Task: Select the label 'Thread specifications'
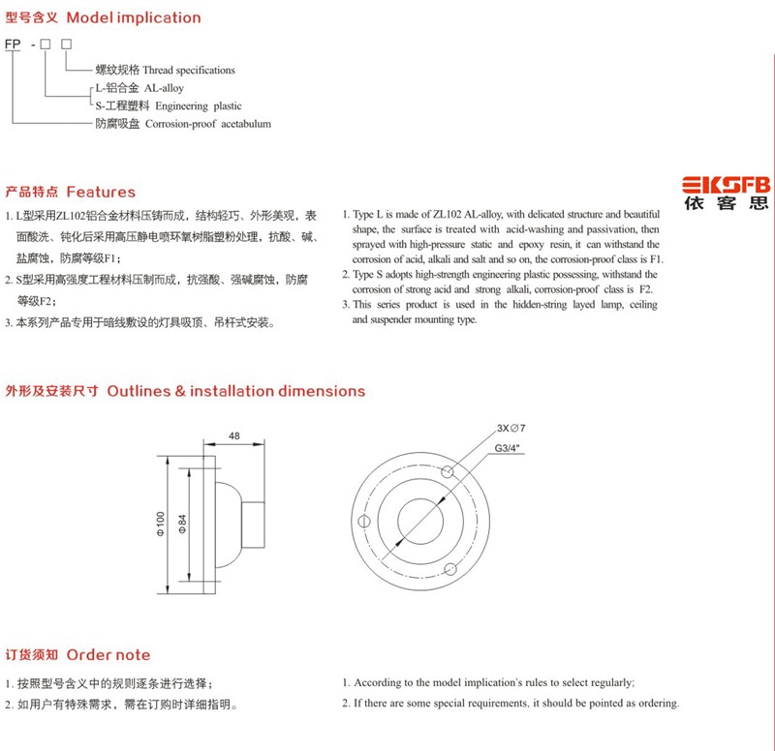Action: (189, 71)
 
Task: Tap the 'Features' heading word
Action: (101, 192)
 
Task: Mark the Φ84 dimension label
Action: (181, 523)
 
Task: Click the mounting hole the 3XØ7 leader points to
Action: (449, 472)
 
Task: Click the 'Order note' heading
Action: (108, 655)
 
